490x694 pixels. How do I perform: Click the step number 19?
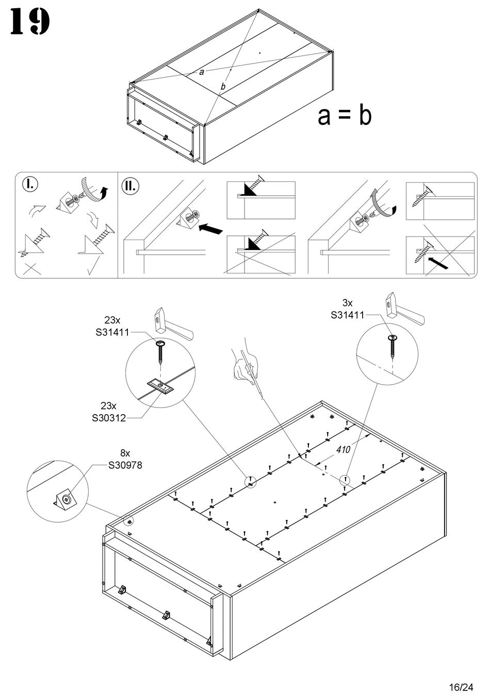coord(30,22)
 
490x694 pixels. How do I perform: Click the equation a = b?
coord(345,116)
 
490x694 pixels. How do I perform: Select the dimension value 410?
coord(343,449)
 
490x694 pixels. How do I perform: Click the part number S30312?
coord(109,418)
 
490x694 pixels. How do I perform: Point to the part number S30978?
coord(125,465)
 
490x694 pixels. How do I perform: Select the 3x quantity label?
coord(348,303)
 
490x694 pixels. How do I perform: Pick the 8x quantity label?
coord(125,453)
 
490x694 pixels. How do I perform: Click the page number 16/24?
coord(461,687)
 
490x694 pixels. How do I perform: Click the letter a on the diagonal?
coord(202,72)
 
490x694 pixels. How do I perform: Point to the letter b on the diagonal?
coord(223,87)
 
